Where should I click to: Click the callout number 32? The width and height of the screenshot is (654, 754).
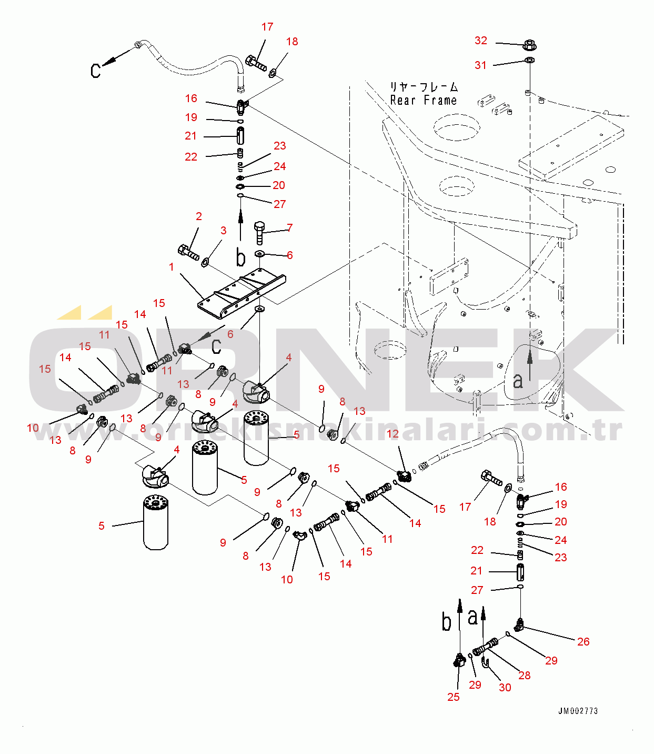[481, 41]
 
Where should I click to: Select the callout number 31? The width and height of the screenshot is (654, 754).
[480, 65]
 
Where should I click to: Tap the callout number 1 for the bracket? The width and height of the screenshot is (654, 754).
[172, 267]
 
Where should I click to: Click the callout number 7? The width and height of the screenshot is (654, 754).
[289, 228]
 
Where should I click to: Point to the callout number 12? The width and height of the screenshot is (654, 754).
[393, 434]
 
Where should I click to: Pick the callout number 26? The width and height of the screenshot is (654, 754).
[583, 641]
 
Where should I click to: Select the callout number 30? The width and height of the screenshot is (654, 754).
[505, 687]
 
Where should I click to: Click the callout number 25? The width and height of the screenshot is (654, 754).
[453, 697]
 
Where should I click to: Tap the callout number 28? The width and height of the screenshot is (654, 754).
[524, 675]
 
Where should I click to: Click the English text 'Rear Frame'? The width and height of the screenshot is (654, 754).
[424, 100]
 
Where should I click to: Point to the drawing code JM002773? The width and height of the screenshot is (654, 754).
[578, 711]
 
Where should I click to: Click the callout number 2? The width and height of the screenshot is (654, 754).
[199, 216]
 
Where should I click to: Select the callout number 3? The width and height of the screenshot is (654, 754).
[224, 231]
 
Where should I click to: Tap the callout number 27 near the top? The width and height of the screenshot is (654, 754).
[279, 204]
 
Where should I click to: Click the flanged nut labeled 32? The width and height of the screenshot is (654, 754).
[529, 45]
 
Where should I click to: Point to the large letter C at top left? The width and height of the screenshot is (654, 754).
[95, 71]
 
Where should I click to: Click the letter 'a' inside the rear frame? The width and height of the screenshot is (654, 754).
[518, 380]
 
